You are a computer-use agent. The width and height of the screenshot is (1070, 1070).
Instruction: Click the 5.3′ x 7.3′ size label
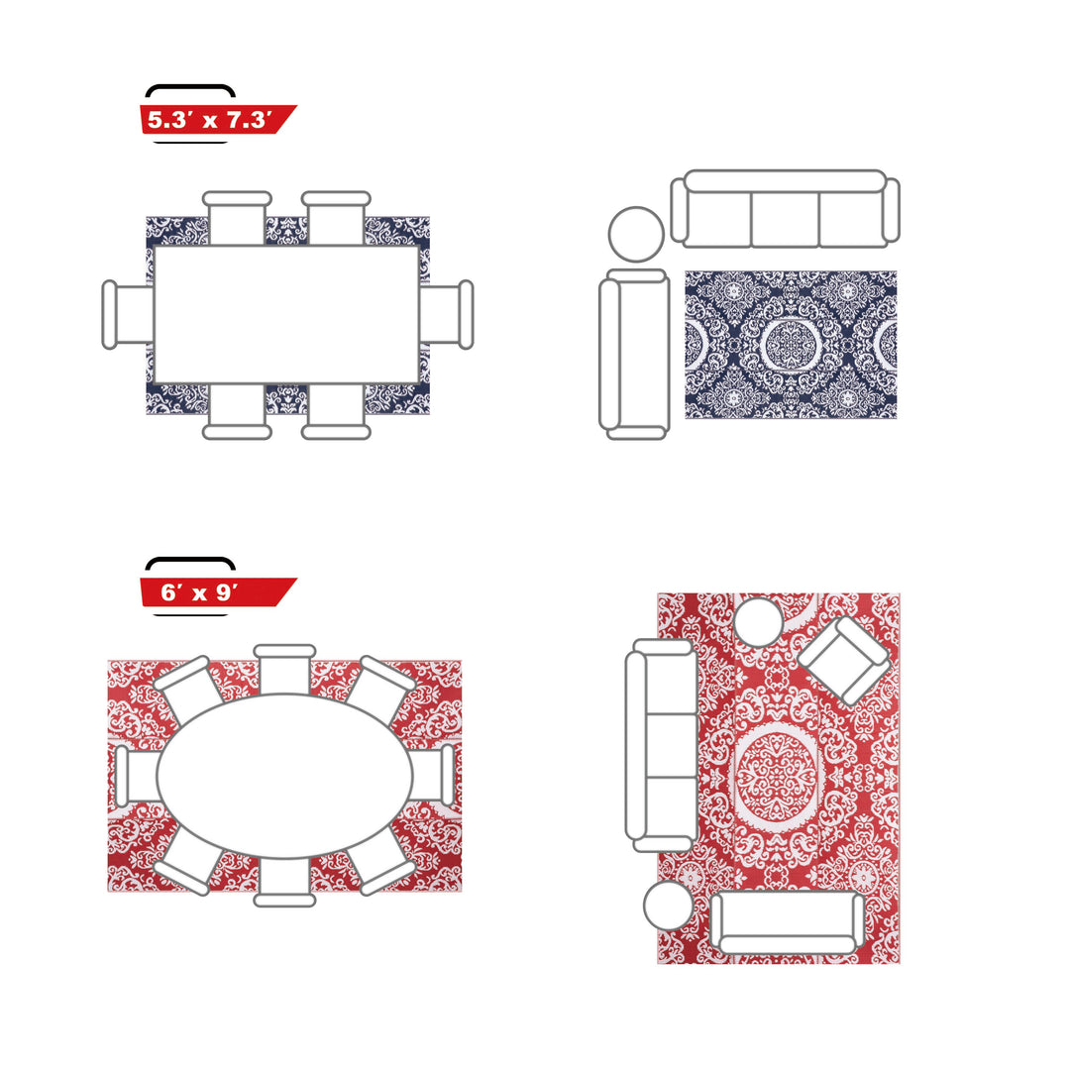(x=210, y=120)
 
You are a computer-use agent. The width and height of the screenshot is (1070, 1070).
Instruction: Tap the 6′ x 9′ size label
(x=199, y=592)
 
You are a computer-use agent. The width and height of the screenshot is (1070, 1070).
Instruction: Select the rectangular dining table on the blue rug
(x=286, y=315)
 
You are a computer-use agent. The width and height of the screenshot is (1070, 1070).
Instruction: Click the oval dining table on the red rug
(x=284, y=776)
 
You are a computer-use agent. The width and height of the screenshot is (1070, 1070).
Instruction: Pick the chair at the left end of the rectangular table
(x=128, y=315)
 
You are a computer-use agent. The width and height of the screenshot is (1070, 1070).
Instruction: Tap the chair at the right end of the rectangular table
(x=446, y=315)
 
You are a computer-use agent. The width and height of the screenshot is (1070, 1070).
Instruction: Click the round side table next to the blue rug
(x=636, y=234)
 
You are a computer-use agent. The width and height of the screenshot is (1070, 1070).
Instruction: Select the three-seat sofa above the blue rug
(x=785, y=208)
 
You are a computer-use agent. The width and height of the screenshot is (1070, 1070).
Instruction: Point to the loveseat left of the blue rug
(x=634, y=354)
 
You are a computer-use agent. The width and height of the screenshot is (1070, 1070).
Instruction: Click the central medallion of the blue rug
(x=791, y=344)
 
